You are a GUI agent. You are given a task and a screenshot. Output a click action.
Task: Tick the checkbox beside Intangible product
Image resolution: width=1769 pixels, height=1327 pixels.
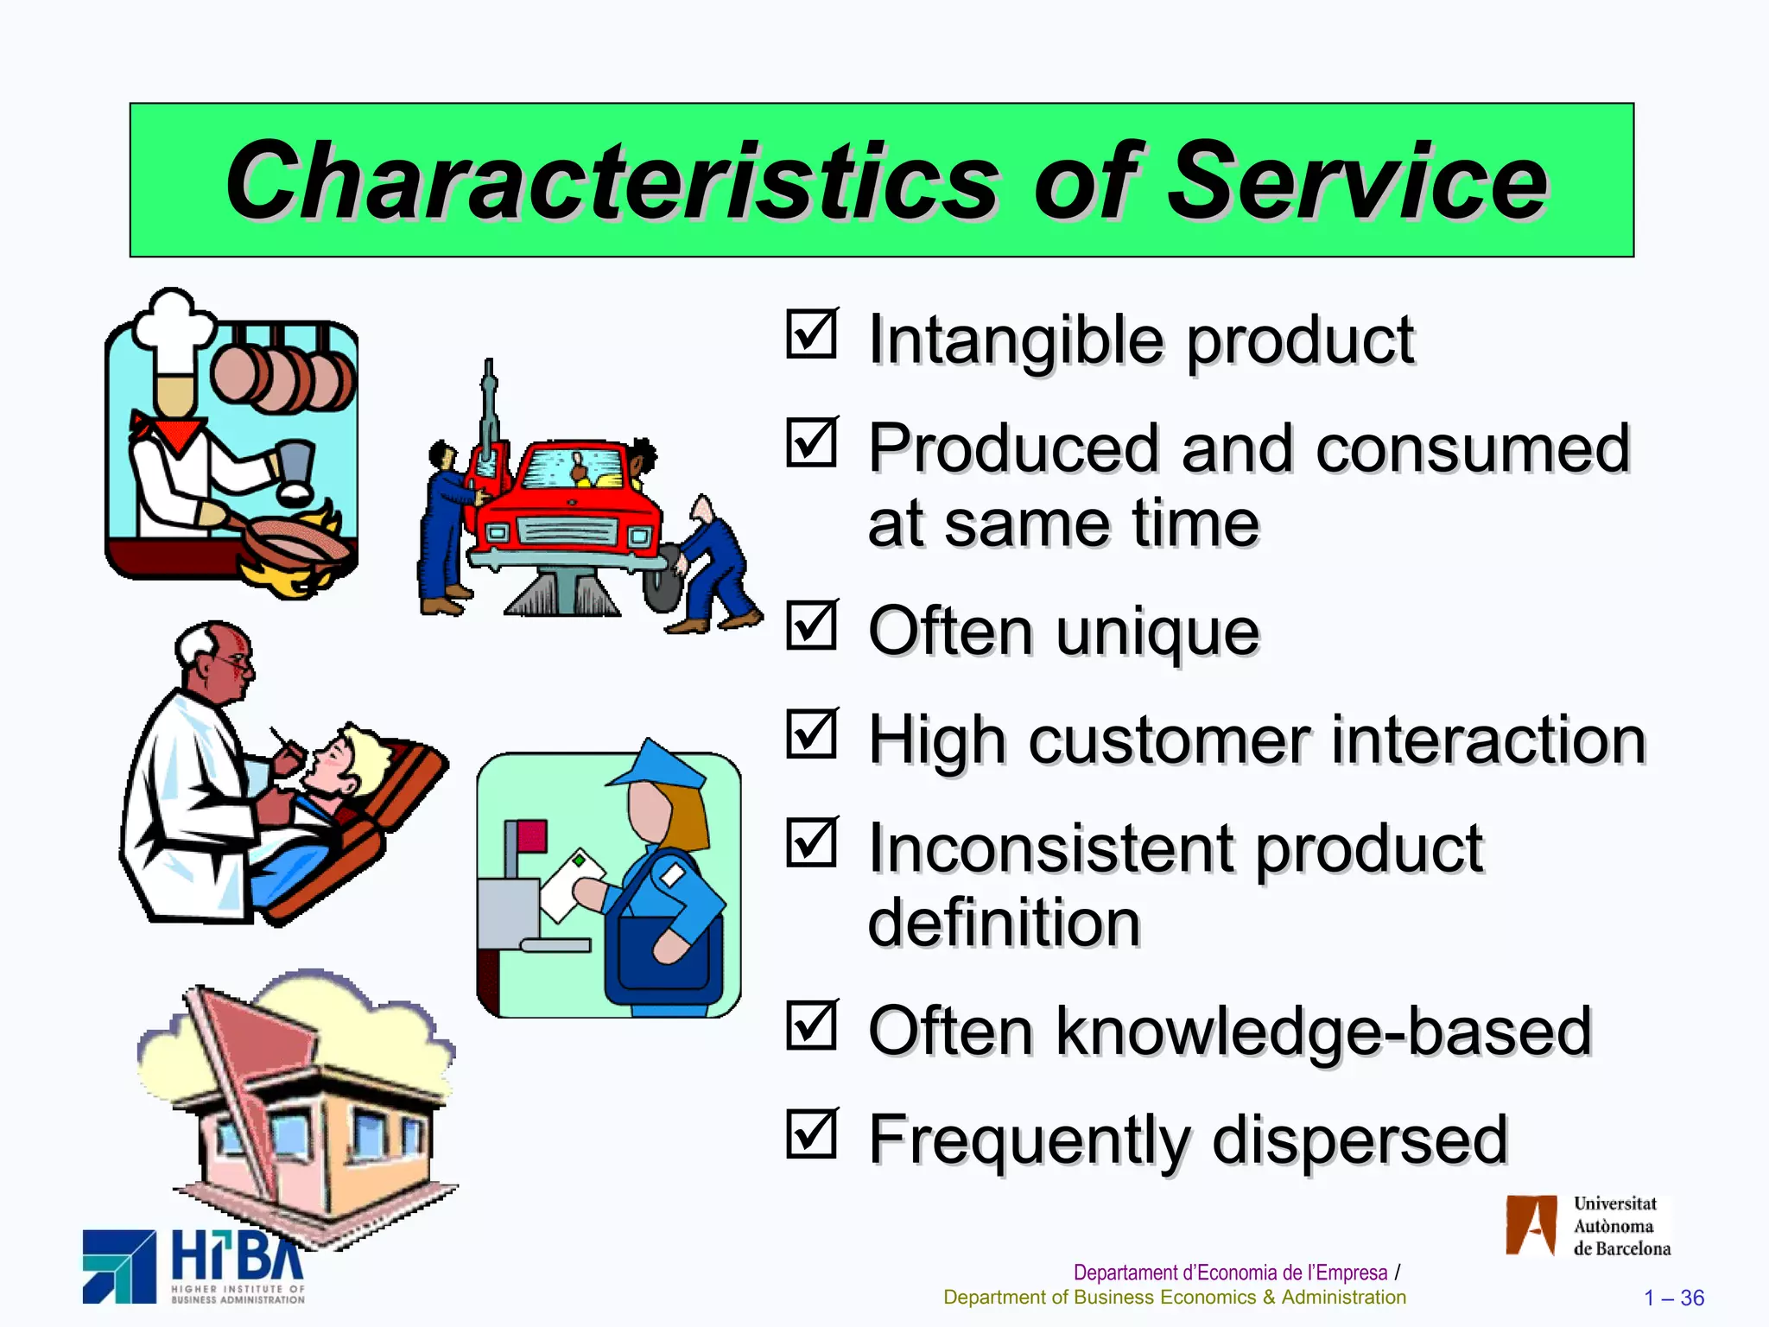point(811,334)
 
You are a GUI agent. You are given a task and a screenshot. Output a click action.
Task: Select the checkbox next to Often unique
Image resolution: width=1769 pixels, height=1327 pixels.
point(811,625)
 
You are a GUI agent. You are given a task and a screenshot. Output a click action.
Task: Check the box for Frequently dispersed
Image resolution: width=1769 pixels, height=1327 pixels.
point(811,1133)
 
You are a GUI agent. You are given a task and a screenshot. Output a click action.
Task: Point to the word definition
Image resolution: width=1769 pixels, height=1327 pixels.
point(1004,923)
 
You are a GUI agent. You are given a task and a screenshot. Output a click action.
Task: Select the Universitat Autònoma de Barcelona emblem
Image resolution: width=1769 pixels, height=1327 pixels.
point(1531,1225)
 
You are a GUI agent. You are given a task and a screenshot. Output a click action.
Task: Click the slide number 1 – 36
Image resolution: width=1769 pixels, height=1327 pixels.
point(1673,1298)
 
